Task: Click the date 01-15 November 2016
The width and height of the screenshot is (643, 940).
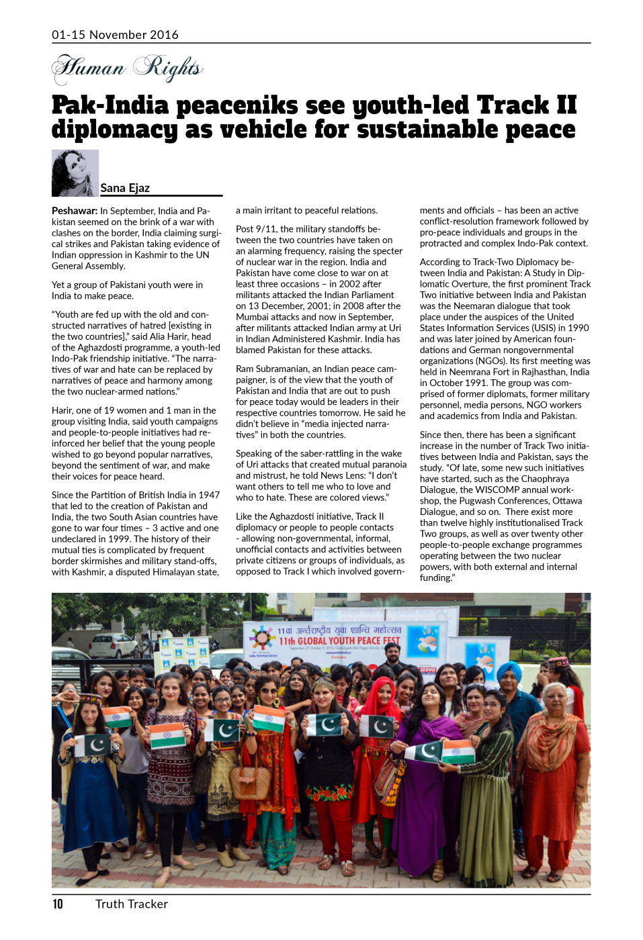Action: (x=115, y=35)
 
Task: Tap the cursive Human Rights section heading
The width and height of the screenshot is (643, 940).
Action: (x=128, y=68)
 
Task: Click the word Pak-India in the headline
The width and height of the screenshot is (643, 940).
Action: (x=110, y=105)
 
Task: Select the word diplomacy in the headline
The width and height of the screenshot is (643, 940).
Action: (x=114, y=130)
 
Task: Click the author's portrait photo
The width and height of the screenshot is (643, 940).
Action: (x=75, y=173)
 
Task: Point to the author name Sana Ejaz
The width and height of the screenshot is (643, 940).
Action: (x=125, y=188)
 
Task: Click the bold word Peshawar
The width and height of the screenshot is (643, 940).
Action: (x=75, y=211)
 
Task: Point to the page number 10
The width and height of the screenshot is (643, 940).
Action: (x=58, y=904)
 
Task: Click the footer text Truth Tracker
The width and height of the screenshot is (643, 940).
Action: (x=132, y=904)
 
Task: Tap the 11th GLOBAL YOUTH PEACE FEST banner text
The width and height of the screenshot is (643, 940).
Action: (x=339, y=641)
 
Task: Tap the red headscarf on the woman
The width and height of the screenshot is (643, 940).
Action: (x=382, y=692)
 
